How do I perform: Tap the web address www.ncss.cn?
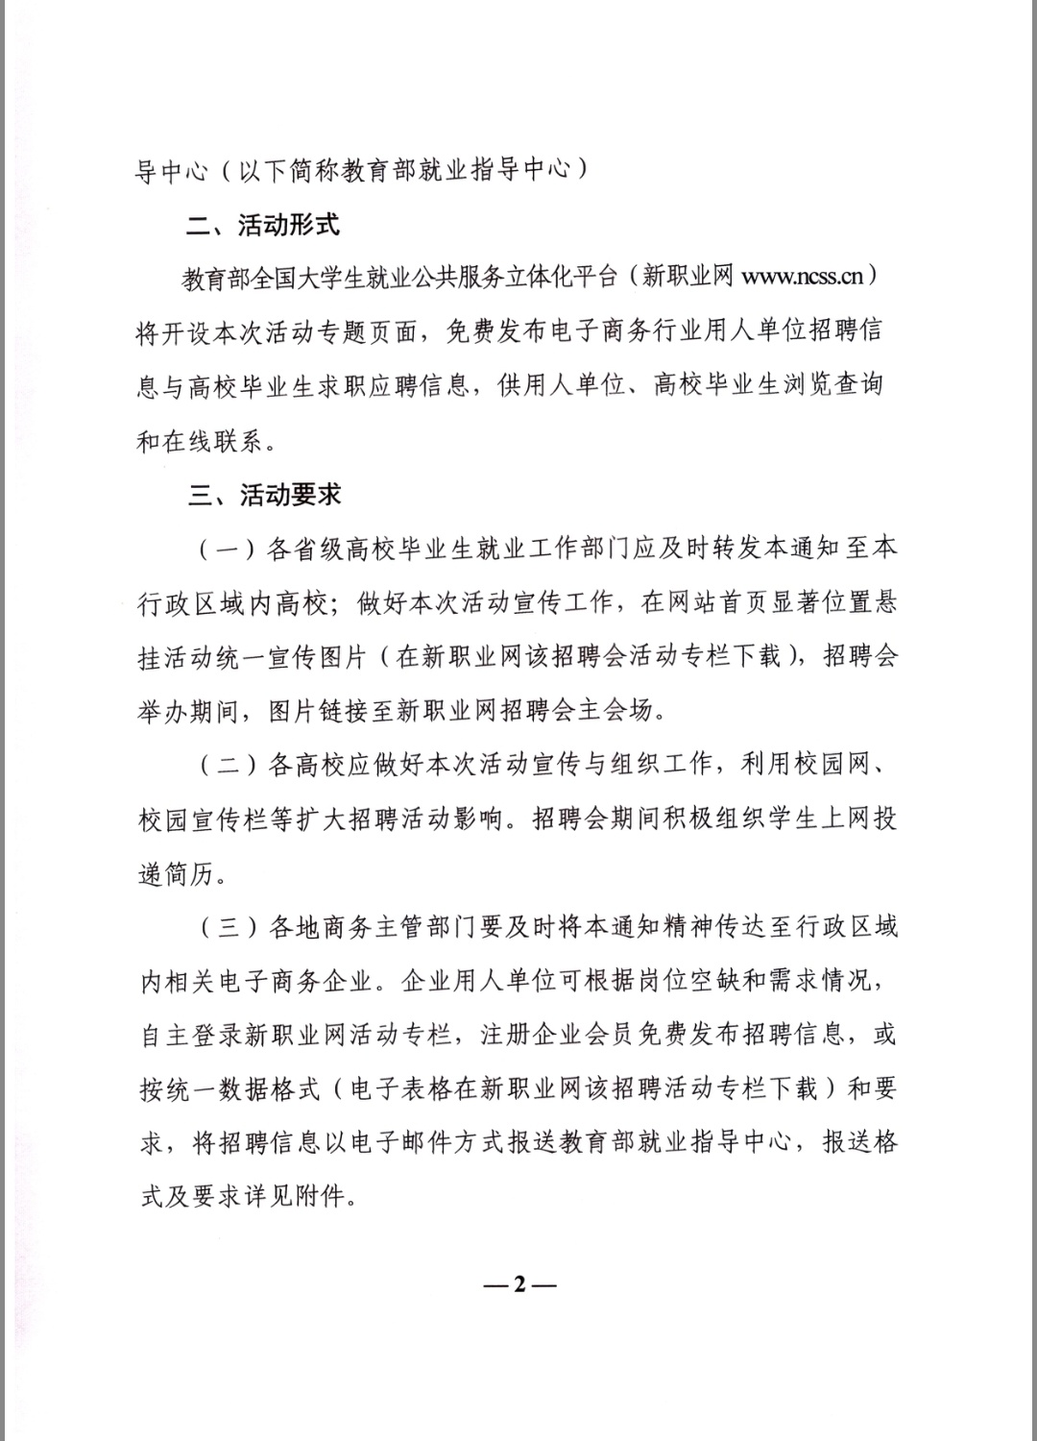(803, 278)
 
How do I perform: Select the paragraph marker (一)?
(228, 550)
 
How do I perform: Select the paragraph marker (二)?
(228, 766)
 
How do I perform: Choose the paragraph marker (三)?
(228, 928)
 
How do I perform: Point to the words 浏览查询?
(830, 386)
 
